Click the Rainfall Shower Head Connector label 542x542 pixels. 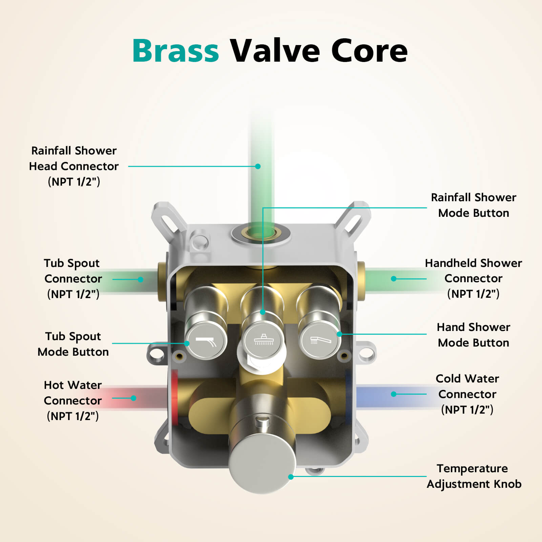coord(74,166)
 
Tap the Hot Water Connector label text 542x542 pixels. coord(73,400)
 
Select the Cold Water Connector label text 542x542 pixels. coord(467,394)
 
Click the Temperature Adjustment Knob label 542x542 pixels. coord(474,476)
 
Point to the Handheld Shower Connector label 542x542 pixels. coord(473,278)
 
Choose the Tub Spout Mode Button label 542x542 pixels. coord(73,344)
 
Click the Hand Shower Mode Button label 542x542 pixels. coord(473,335)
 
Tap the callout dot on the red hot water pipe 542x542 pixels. coord(133,398)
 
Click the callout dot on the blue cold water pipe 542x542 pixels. coord(394,394)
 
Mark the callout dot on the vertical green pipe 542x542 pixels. coord(258,166)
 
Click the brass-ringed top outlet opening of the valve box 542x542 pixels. coord(261,233)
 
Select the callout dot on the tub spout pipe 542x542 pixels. coord(141,279)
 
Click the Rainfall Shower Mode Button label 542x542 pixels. coord(473,205)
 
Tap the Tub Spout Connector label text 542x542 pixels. coord(73,278)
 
